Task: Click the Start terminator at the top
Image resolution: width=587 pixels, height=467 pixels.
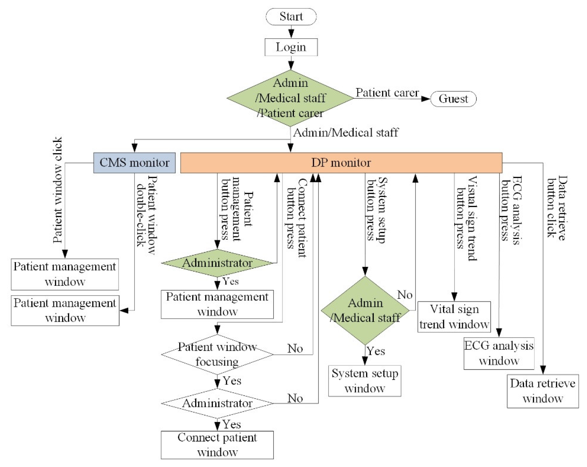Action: click(291, 17)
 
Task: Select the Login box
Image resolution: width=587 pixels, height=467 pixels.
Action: click(291, 47)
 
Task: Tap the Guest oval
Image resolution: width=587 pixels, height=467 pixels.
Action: click(453, 99)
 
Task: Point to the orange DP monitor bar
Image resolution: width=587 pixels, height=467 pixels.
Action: click(341, 163)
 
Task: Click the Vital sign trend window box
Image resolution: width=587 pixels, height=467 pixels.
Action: click(454, 317)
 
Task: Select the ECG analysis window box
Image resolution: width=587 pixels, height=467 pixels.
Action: click(499, 353)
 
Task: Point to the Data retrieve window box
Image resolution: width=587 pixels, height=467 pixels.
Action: click(543, 391)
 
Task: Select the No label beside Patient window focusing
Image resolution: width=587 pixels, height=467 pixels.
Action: click(295, 348)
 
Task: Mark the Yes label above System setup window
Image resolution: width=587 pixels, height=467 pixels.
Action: click(376, 351)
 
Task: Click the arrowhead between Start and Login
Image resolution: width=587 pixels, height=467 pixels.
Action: click(291, 34)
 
